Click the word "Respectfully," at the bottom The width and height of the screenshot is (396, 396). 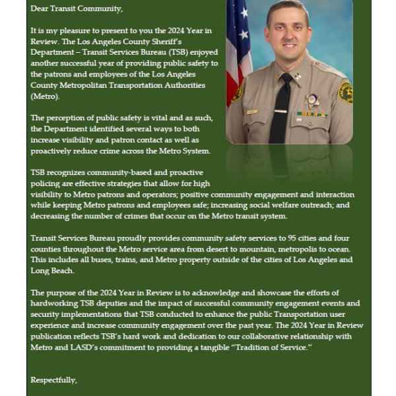click(53, 380)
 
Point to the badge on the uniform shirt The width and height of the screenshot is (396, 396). click(312, 100)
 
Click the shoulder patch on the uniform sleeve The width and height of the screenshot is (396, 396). click(345, 92)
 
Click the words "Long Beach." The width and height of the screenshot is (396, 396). click(51, 271)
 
